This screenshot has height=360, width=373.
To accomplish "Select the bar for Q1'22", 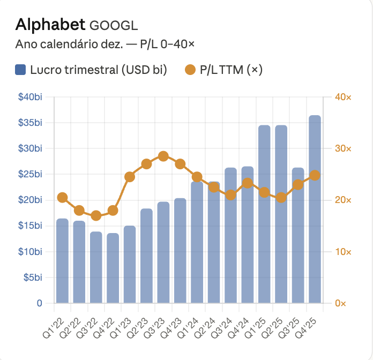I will coord(62,261).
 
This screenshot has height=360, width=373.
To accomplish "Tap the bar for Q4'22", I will coord(113,268).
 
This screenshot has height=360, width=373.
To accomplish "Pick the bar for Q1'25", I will coord(264,214).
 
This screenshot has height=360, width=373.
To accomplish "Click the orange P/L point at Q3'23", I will coord(163,156).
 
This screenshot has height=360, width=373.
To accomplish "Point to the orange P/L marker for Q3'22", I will coord(96,216).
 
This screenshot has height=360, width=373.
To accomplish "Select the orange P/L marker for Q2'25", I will coord(281,198).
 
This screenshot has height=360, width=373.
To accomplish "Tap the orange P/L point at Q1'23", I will coord(130,177).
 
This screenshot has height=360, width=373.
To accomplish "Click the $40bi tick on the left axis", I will coord(31,97).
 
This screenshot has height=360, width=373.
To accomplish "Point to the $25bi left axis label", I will coord(31,174).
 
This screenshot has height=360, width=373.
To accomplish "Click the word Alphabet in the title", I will coord(50,24).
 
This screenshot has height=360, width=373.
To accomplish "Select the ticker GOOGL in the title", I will coord(114,25).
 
